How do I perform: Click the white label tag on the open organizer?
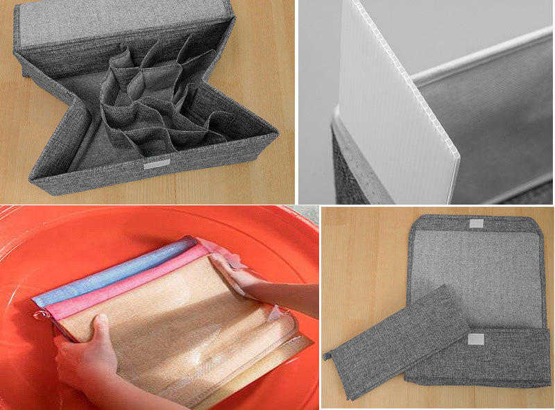156,164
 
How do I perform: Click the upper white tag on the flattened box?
475,223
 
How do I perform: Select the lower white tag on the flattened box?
475,339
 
